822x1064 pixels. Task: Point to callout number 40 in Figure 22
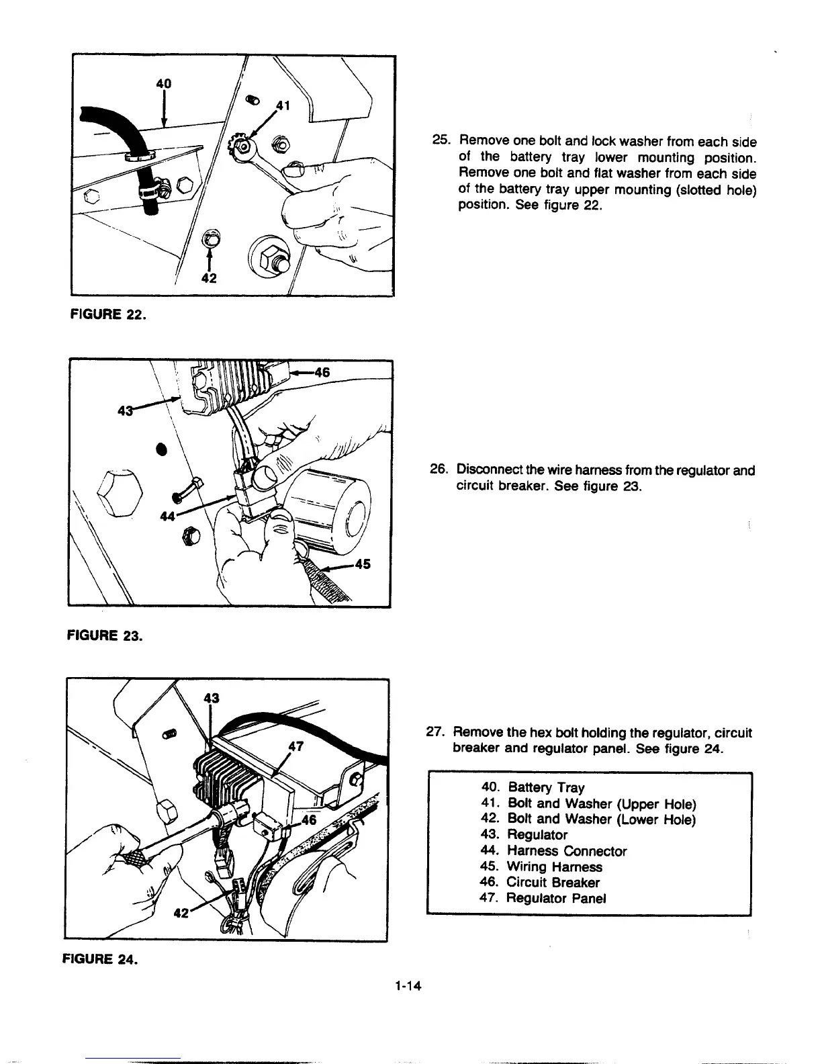tap(164, 83)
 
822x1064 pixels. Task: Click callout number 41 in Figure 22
tap(283, 105)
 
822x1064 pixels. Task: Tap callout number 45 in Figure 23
tap(362, 564)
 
